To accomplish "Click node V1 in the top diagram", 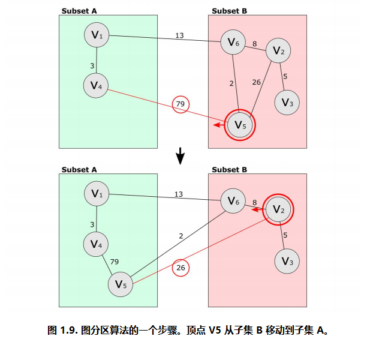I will coord(97,36).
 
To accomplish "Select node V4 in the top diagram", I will coord(96,86).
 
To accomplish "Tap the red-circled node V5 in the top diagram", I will coord(240,125).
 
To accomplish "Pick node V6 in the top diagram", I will coord(233,42).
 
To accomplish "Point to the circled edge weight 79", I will coord(180,104).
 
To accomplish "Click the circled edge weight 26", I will coord(181,268).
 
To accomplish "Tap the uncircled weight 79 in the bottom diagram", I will coord(114,262).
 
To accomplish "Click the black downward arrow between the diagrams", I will coord(180,158).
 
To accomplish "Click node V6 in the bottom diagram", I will coord(233,202).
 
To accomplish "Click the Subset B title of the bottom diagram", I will coord(230,170).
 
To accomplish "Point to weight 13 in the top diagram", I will coord(179,35).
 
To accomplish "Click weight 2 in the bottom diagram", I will coord(181,236).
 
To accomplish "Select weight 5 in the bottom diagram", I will coord(285,235).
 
